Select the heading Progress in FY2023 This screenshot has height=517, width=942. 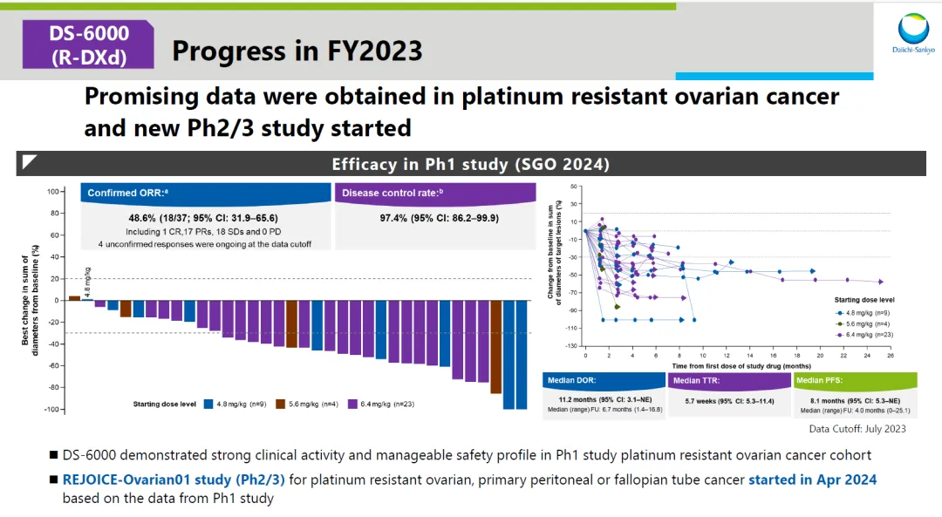pos(297,51)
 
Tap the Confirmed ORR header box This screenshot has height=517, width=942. pos(206,193)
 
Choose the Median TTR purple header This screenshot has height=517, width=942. pos(729,380)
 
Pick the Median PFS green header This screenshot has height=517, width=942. pos(856,380)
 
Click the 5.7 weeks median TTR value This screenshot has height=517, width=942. pos(730,401)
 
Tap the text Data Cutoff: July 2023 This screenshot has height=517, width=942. pos(857,428)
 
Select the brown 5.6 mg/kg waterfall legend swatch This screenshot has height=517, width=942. pos(281,404)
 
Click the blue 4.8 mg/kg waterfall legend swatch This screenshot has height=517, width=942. pos(209,404)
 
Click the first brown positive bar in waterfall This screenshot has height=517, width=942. pos(74,297)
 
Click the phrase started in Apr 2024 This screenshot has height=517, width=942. pos(812,480)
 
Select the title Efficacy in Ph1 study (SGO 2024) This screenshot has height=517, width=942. pos(470,164)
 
